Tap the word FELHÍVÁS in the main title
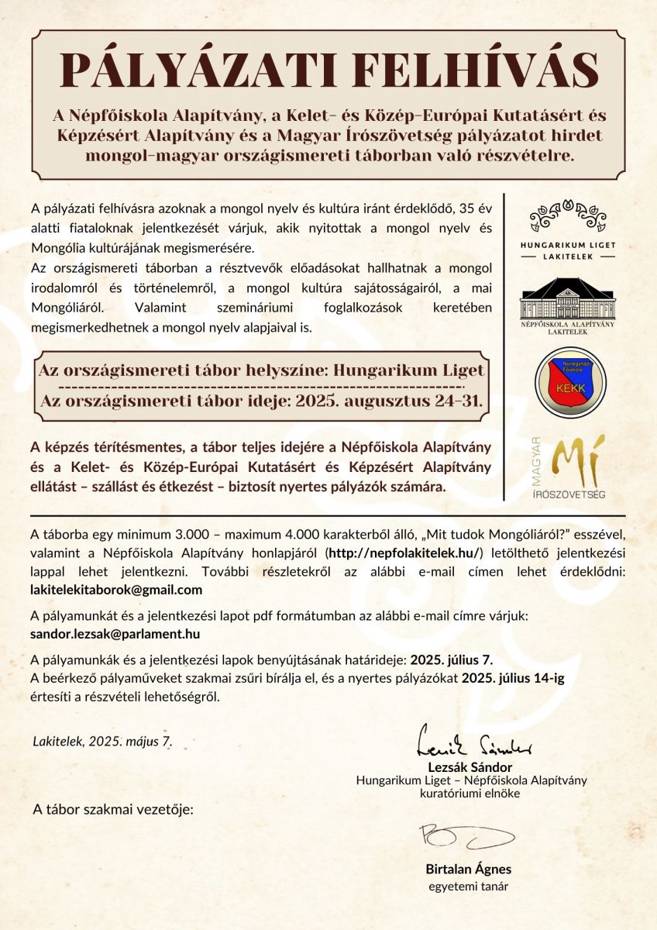463,71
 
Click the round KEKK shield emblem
571,383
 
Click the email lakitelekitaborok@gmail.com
115,589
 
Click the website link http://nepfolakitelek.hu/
405,552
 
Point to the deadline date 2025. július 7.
452,660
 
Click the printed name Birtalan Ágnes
468,869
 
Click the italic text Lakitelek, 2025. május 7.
102,741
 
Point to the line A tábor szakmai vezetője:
113,810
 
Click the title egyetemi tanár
468,887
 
